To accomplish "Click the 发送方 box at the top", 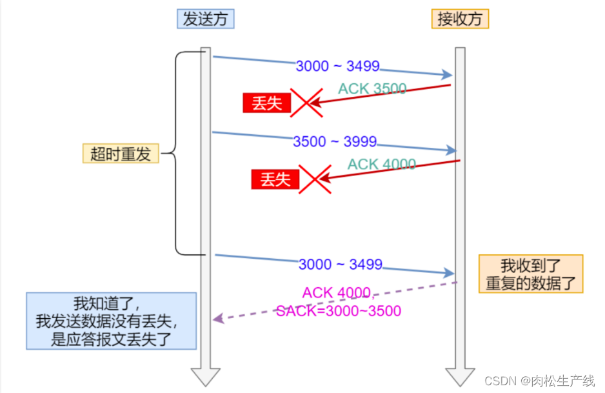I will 205,19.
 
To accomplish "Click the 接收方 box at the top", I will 460,19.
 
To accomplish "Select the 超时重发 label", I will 121,154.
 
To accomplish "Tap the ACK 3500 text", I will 372,89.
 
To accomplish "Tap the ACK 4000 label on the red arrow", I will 382,164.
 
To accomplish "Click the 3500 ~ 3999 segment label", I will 334,142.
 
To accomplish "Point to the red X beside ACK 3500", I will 306,103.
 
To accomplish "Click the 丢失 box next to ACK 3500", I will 266,103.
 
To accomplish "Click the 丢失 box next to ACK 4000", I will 275,179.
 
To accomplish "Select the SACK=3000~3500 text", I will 339,311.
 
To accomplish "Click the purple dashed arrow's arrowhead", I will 217,318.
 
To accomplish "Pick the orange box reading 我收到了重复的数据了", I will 530,274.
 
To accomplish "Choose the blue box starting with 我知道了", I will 111,321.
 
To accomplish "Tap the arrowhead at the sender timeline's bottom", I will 205,376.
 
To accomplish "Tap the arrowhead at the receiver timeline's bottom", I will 460,376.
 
